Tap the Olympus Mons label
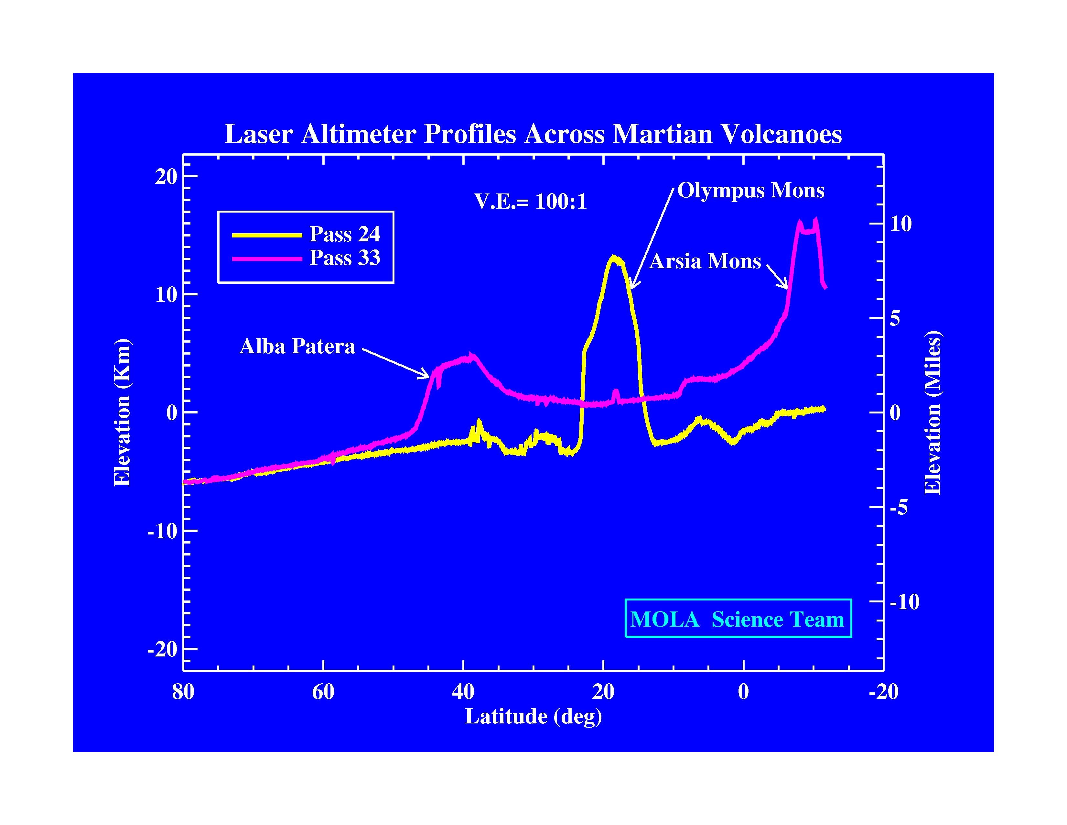point(750,191)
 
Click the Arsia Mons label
point(705,261)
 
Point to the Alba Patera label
point(297,346)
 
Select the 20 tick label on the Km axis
point(166,176)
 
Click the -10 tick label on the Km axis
point(162,531)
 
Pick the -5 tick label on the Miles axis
point(899,507)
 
